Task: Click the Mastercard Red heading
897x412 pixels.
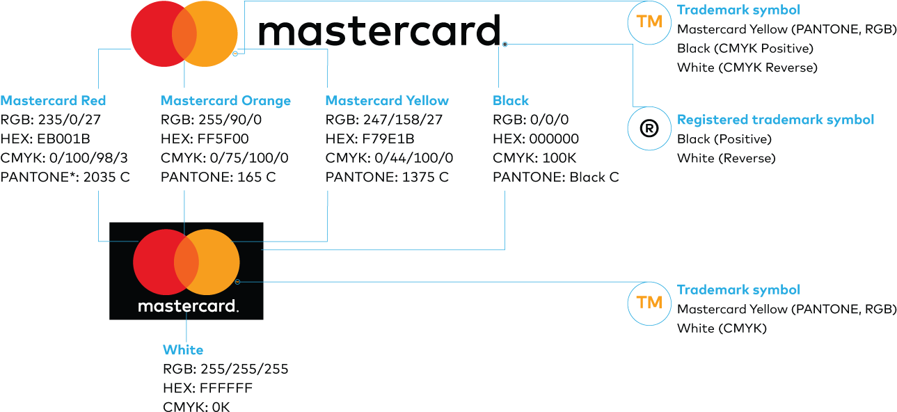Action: click(x=54, y=101)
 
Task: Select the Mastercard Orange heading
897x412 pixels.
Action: click(x=225, y=101)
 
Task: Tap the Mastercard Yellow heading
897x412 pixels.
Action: click(x=387, y=101)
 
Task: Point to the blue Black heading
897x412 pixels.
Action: click(x=511, y=101)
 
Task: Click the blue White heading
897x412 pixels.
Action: click(x=183, y=350)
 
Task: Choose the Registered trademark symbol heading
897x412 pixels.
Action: click(x=775, y=120)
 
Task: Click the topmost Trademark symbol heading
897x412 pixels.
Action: click(x=738, y=10)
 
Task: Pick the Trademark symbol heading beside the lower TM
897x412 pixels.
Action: click(x=738, y=290)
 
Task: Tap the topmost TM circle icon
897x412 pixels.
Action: click(x=649, y=22)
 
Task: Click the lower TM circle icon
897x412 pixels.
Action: click(x=649, y=303)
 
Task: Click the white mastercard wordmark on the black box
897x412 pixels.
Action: click(x=188, y=306)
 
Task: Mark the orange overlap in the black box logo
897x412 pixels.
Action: click(x=186, y=262)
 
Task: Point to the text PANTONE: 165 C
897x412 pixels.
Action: click(x=218, y=177)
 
